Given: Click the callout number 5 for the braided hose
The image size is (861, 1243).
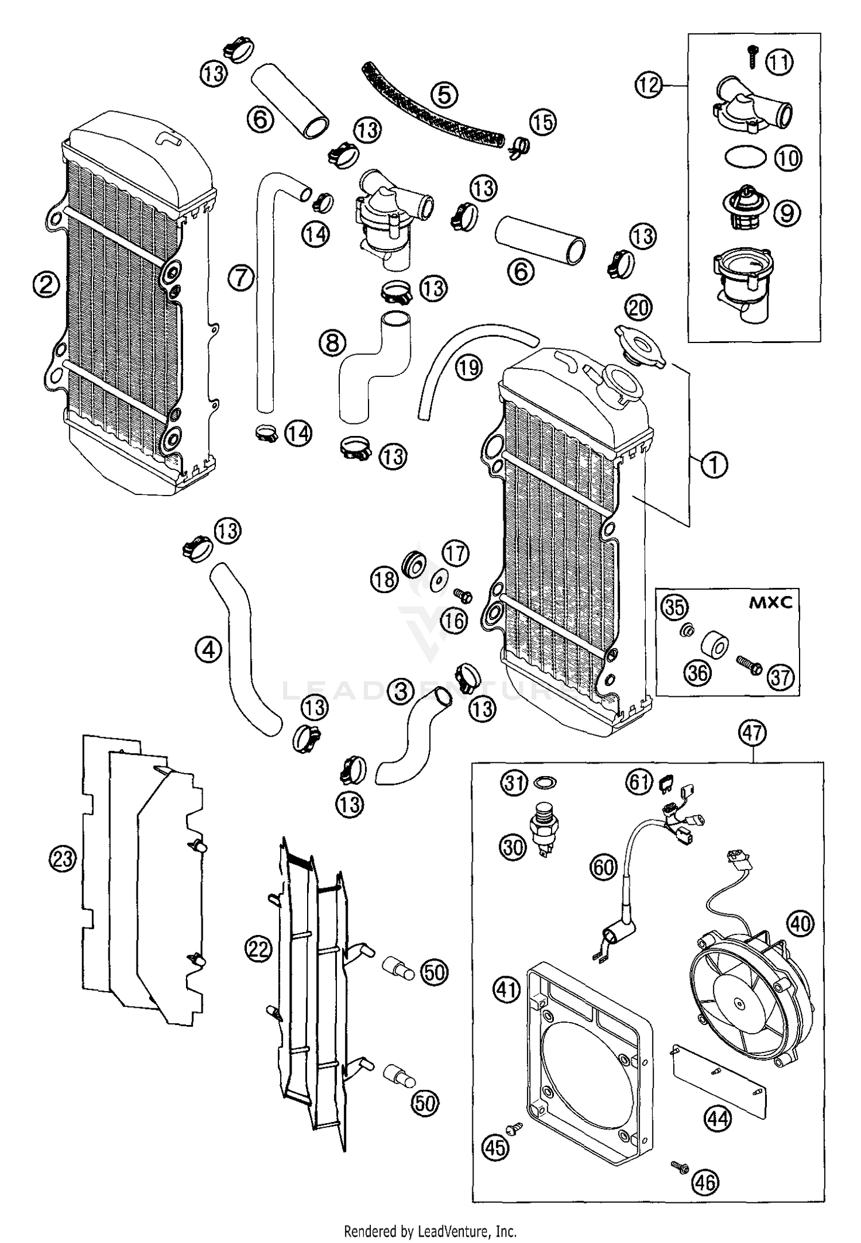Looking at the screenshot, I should point(445,95).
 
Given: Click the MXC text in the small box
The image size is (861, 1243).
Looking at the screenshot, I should point(770,602).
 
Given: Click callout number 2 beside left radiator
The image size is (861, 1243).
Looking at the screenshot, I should point(46,283).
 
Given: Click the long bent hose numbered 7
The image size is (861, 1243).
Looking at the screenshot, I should point(266,298).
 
